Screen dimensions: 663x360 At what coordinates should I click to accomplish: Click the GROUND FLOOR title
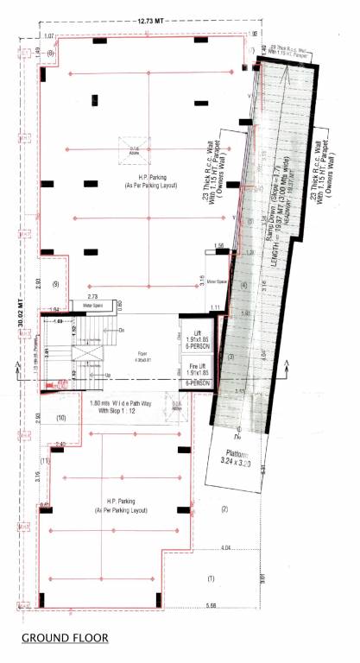66,638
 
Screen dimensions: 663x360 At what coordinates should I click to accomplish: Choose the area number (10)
61,418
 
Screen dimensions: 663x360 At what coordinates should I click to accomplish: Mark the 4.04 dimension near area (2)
226,549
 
